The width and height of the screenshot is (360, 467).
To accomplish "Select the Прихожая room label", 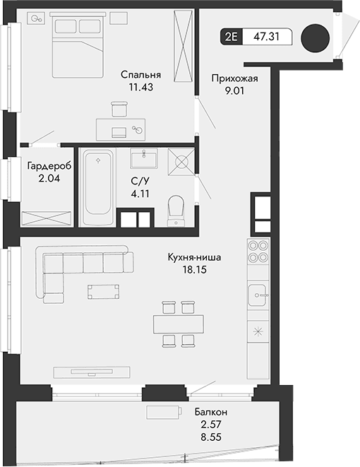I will point(230,78).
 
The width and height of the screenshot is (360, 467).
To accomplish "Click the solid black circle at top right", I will point(314,38).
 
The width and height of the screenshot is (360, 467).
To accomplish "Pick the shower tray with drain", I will point(181,162).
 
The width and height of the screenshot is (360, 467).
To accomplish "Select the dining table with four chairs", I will point(177,323).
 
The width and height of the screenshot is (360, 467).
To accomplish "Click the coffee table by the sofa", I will point(103,291).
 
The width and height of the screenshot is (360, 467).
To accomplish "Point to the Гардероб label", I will point(49,167).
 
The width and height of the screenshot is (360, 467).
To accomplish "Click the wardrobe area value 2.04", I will point(49,179).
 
